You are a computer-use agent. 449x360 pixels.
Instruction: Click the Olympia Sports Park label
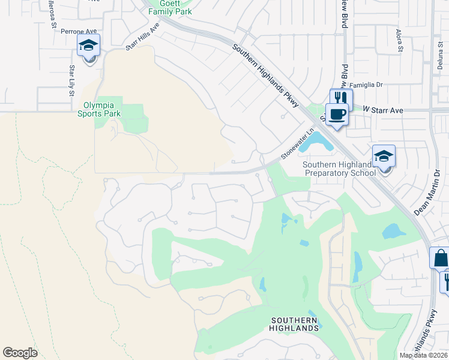(x=102, y=109)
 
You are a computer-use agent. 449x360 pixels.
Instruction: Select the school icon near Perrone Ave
(x=88, y=46)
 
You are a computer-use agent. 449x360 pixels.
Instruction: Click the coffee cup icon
(x=337, y=113)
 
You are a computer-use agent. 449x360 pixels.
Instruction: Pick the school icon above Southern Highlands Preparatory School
(x=384, y=157)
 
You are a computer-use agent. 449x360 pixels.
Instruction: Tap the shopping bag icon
(x=440, y=259)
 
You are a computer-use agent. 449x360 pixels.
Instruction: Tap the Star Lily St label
(x=71, y=80)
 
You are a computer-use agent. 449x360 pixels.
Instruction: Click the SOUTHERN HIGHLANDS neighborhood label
(x=294, y=324)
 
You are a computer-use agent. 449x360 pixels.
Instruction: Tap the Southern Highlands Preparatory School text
(x=339, y=169)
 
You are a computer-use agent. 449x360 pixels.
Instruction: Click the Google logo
(x=20, y=353)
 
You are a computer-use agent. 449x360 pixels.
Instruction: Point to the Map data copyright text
(x=424, y=355)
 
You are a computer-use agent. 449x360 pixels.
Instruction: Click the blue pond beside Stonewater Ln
(x=316, y=143)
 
